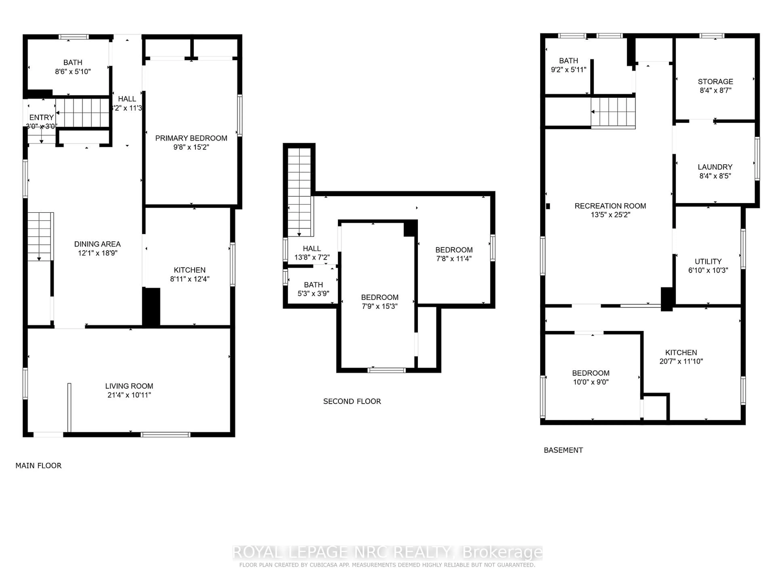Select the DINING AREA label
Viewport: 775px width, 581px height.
tap(97, 244)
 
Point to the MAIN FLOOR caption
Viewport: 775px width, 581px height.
tap(39, 465)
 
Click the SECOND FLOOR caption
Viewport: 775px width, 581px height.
tap(352, 401)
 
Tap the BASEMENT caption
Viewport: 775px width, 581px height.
tap(563, 450)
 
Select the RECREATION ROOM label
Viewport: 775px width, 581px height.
tap(610, 206)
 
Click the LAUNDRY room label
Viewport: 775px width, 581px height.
tap(715, 167)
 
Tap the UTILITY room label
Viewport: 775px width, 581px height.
tap(708, 262)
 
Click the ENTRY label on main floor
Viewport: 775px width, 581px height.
tap(41, 117)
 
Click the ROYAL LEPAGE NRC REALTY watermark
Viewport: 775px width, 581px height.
tap(387, 552)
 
